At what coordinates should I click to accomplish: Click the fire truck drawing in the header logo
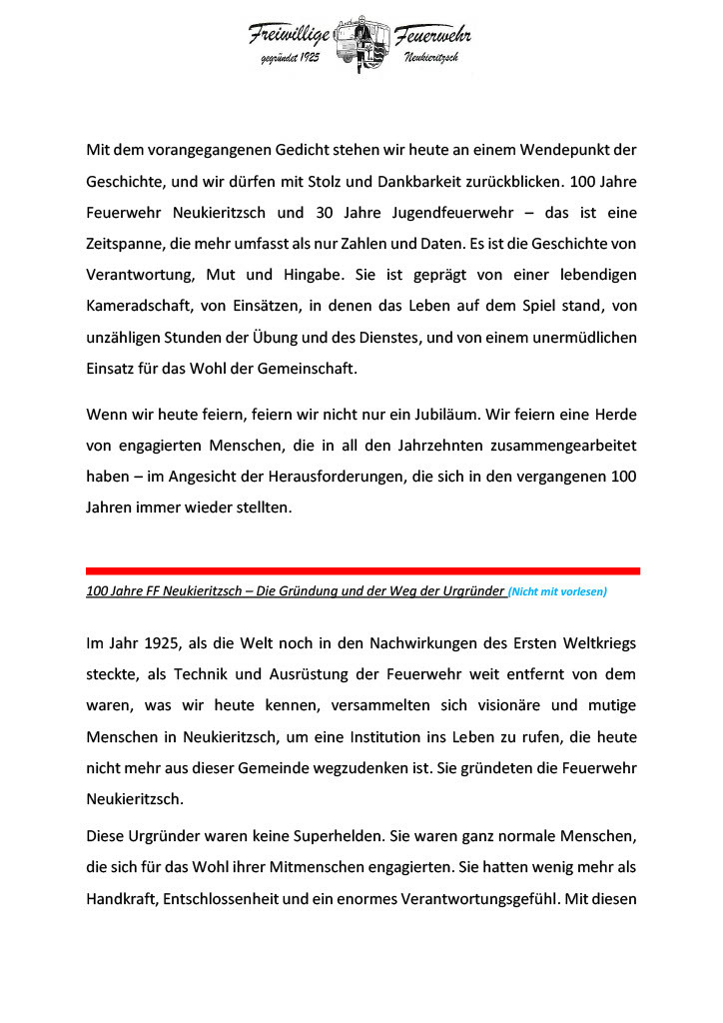pos(361,44)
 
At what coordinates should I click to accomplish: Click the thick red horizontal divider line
pos(362,570)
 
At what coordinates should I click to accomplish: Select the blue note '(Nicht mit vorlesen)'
pos(557,591)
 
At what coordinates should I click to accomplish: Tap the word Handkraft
pos(122,899)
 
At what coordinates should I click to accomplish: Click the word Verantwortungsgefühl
pos(478,899)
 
